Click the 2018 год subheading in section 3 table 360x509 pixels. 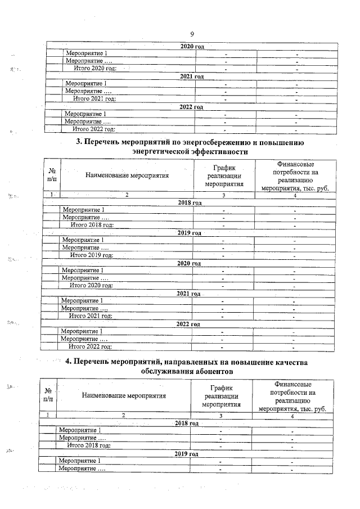(x=190, y=202)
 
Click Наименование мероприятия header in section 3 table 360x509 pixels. (x=127, y=175)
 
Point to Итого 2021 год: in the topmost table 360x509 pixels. (x=95, y=98)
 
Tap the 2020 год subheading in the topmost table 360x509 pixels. (x=191, y=45)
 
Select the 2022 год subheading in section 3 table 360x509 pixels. (x=188, y=324)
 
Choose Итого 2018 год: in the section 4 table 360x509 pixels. (x=89, y=445)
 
